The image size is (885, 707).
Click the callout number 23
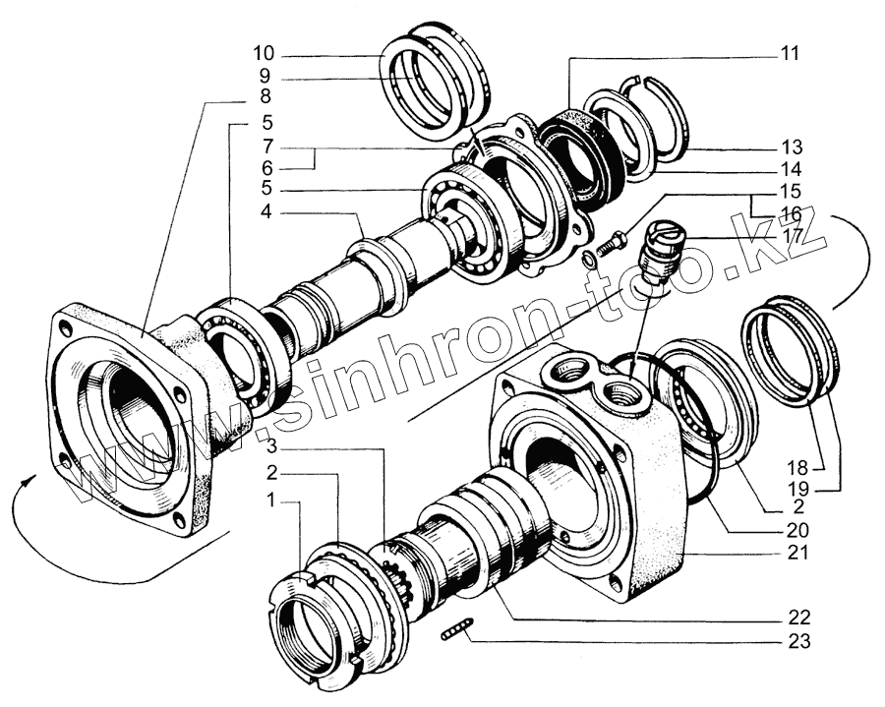(796, 643)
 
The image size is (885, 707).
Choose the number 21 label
(796, 553)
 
